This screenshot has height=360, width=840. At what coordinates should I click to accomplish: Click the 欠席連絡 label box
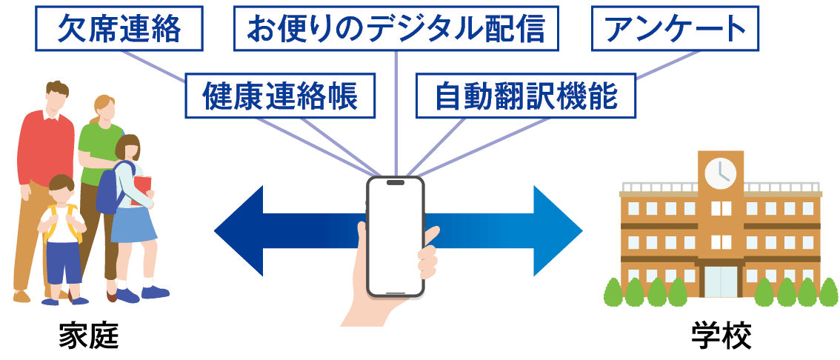[x=119, y=29]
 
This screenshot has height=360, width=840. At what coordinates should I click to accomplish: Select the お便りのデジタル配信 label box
[x=396, y=29]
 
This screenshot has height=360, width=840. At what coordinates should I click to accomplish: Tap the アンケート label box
[x=675, y=29]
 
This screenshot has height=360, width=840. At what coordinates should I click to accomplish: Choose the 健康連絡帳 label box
[x=280, y=96]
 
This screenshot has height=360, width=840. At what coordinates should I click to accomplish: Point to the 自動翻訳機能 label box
[x=526, y=96]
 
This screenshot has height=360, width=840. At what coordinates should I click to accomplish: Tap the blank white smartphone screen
[x=396, y=236]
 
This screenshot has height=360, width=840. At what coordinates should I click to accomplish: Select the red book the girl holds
[x=142, y=189]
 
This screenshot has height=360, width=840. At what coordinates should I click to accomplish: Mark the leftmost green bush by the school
[x=615, y=293]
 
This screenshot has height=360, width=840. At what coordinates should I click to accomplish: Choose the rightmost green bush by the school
[x=828, y=293]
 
